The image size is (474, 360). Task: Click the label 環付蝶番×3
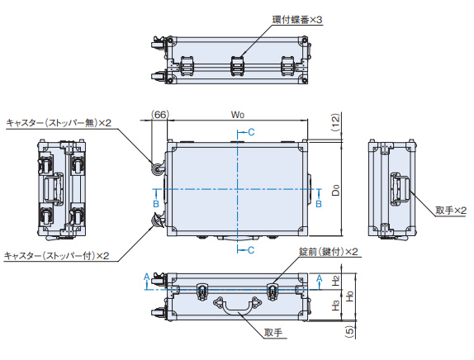(297, 20)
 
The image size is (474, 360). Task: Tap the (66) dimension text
(160, 115)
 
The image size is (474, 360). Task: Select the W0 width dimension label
(238, 115)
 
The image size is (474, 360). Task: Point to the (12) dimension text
(335, 122)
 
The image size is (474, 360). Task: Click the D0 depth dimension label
(335, 190)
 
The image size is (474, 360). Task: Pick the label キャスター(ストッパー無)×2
(59, 123)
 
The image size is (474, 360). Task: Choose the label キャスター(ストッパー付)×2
(56, 256)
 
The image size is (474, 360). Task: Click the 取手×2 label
(451, 210)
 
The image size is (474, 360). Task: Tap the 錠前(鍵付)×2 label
(329, 252)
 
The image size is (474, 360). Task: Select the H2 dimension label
(335, 281)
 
